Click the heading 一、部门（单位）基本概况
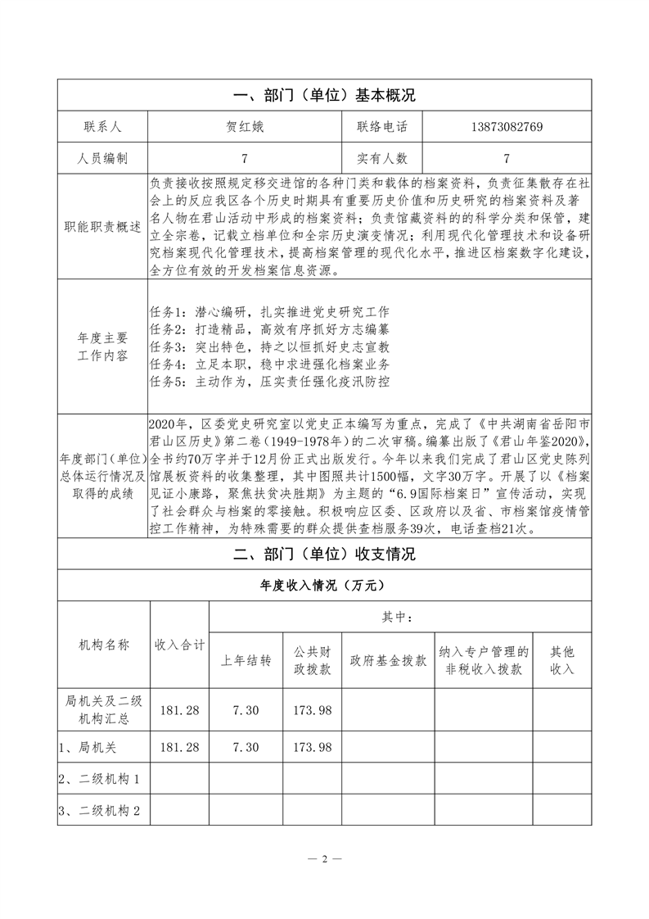pyautogui.click(x=324, y=95)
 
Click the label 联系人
pyautogui.click(x=102, y=127)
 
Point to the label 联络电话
pyautogui.click(x=381, y=127)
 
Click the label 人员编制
pyautogui.click(x=102, y=158)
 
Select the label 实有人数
pyautogui.click(x=381, y=158)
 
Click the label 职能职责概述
pyautogui.click(x=102, y=227)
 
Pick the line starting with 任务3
pyautogui.click(x=270, y=346)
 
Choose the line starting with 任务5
pyautogui.click(x=270, y=381)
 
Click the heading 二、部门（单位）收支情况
pyautogui.click(x=324, y=555)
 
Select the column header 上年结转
pyautogui.click(x=246, y=661)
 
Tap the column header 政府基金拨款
pyautogui.click(x=388, y=661)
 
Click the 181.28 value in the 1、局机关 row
pyautogui.click(x=181, y=747)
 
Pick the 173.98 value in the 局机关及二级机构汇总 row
pyautogui.click(x=312, y=709)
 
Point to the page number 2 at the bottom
pyautogui.click(x=324, y=859)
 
